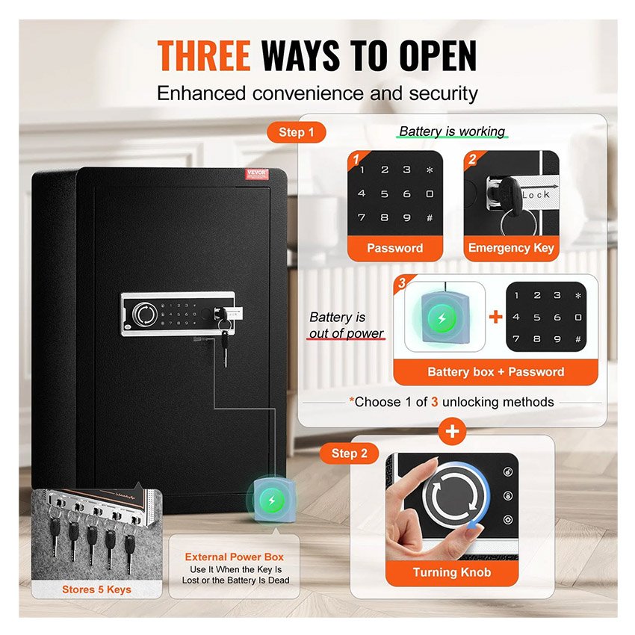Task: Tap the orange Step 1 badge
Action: (297, 133)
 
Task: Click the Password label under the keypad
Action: (394, 248)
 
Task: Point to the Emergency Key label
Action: (511, 248)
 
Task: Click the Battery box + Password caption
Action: (495, 371)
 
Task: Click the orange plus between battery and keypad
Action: (495, 316)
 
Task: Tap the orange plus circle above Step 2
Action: (453, 432)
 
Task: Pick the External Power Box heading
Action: (235, 557)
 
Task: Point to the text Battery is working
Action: (452, 131)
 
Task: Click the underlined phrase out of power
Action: (347, 333)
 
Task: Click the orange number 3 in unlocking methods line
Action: (434, 402)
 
